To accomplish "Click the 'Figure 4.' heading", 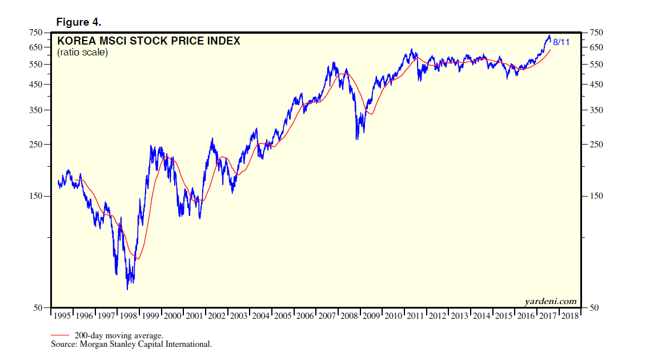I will [x=78, y=22].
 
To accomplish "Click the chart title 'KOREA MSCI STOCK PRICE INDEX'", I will [x=149, y=41].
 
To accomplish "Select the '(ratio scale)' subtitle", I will [x=82, y=53].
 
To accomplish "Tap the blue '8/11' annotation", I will [x=561, y=42].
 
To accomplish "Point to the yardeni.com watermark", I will [x=550, y=301].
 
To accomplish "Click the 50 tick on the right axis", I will [x=595, y=308].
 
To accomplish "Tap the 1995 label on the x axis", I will [x=63, y=315].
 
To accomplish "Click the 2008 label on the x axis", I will [x=348, y=315].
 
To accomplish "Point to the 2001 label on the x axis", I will [x=195, y=315].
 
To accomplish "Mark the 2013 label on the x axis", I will [x=459, y=315].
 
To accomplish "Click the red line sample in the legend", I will [x=61, y=335].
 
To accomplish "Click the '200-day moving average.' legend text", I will [x=119, y=335].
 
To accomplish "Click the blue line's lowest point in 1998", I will [x=127, y=289].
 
